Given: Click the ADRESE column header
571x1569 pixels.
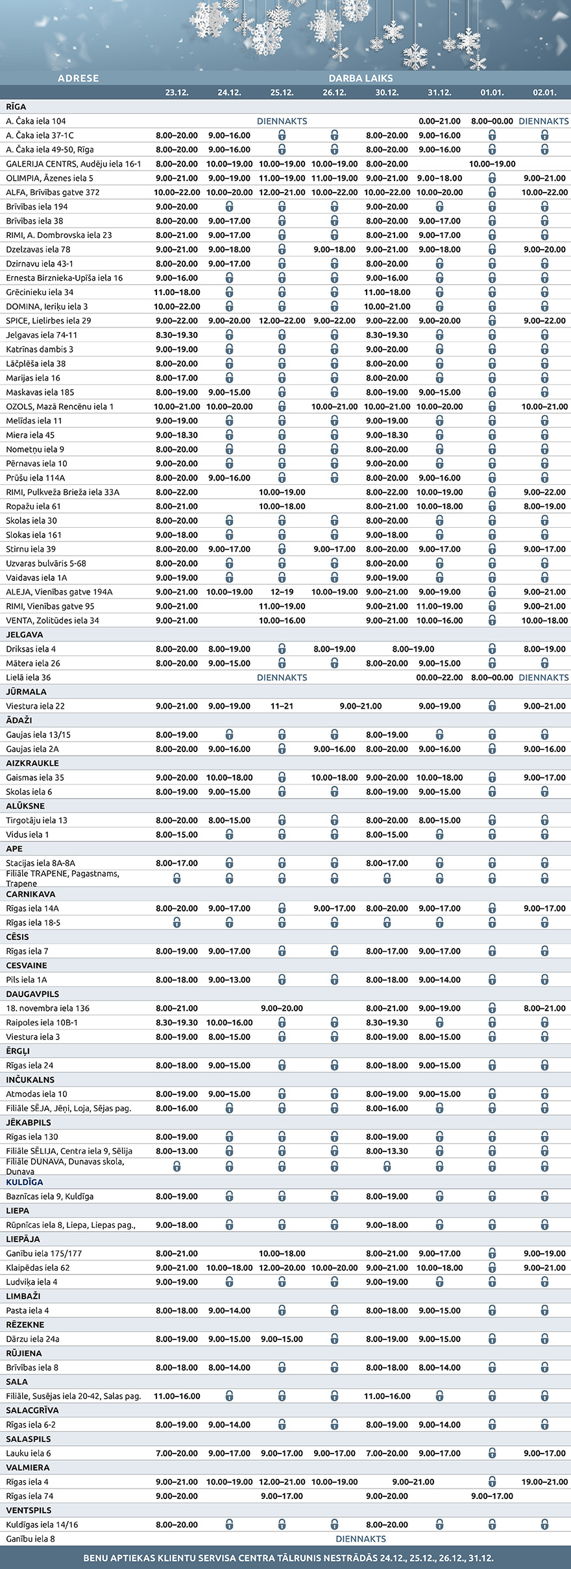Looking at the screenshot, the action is [79, 78].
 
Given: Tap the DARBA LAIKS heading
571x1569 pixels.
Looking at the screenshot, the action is [361, 78].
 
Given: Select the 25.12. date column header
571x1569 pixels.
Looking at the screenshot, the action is [282, 93].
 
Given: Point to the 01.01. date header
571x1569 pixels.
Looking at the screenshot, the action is [492, 93].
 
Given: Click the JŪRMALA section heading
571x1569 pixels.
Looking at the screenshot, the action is [26, 692].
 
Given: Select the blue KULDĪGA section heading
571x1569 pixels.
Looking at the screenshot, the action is [25, 1182].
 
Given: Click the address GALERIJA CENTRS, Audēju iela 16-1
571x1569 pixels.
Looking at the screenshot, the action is [73, 164].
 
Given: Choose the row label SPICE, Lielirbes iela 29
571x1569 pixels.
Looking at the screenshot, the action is [49, 321].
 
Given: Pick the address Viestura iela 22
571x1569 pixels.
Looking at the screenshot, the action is [36, 706].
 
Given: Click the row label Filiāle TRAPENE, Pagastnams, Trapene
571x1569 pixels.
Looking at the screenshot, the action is [62, 879].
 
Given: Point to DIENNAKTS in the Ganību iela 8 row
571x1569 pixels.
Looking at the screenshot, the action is [361, 1539].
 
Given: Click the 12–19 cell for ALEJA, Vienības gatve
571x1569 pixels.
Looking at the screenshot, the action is [282, 592].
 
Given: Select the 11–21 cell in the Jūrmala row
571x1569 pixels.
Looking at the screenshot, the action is [282, 706].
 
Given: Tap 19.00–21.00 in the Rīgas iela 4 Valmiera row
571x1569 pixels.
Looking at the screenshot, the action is [544, 1481].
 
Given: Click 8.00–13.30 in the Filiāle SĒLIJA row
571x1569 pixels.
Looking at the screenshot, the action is [387, 1151].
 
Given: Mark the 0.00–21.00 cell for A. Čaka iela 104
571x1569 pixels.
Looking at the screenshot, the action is [439, 121].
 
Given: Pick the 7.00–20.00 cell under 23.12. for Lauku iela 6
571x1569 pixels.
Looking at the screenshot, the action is [176, 1453].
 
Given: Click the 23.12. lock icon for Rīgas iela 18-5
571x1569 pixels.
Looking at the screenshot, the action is [176, 923].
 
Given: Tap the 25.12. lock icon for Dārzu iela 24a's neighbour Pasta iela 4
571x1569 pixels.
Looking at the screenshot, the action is [282, 1310].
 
